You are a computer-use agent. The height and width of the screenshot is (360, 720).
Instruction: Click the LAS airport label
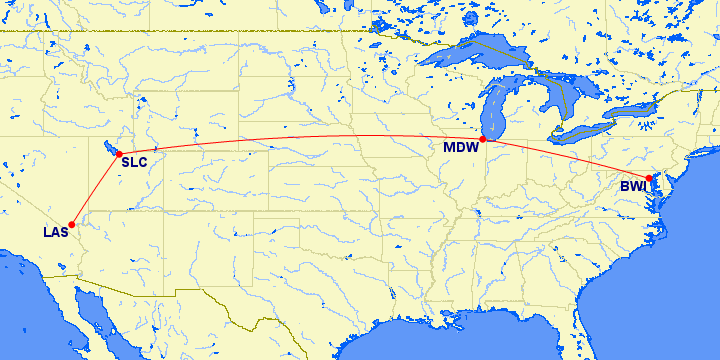pyautogui.click(x=55, y=233)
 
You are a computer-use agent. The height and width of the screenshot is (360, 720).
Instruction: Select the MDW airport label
pyautogui.click(x=461, y=149)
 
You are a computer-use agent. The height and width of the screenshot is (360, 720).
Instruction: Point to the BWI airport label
pyautogui.click(x=633, y=187)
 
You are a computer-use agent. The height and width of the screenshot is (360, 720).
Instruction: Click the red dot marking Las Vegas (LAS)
pyautogui.click(x=72, y=224)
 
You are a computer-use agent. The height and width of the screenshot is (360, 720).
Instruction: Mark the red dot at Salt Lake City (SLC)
pyautogui.click(x=119, y=154)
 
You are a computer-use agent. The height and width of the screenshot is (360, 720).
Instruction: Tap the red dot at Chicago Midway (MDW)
pyautogui.click(x=483, y=139)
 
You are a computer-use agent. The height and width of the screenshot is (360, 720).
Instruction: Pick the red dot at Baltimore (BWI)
pyautogui.click(x=649, y=178)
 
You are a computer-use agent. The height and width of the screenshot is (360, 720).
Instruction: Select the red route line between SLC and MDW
pyautogui.click(x=300, y=137)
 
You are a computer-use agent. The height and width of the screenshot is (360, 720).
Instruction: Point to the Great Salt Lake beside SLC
pyautogui.click(x=109, y=148)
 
